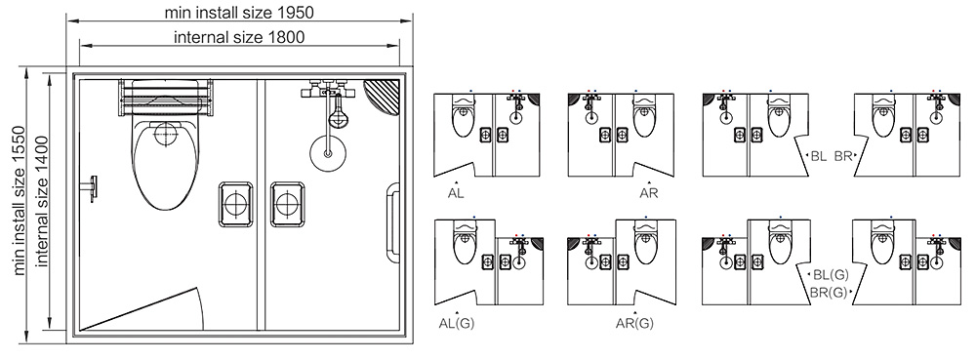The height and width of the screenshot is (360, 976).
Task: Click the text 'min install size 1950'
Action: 240,13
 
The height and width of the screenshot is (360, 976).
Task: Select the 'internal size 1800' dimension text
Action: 239,37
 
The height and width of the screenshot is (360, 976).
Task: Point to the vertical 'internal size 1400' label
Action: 42,203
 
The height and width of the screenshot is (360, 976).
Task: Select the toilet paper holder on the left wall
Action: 92,185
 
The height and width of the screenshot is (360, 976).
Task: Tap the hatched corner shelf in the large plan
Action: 382,98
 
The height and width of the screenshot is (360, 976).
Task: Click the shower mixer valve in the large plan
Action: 328,96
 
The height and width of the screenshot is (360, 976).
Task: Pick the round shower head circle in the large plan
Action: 328,151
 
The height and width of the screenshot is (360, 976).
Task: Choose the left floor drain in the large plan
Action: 235,203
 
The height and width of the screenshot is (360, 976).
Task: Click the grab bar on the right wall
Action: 393,222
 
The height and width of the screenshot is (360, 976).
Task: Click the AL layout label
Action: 456,193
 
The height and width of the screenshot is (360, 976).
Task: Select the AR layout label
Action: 649,193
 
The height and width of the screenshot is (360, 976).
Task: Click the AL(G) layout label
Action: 457,323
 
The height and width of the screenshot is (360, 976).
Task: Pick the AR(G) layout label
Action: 634,323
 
